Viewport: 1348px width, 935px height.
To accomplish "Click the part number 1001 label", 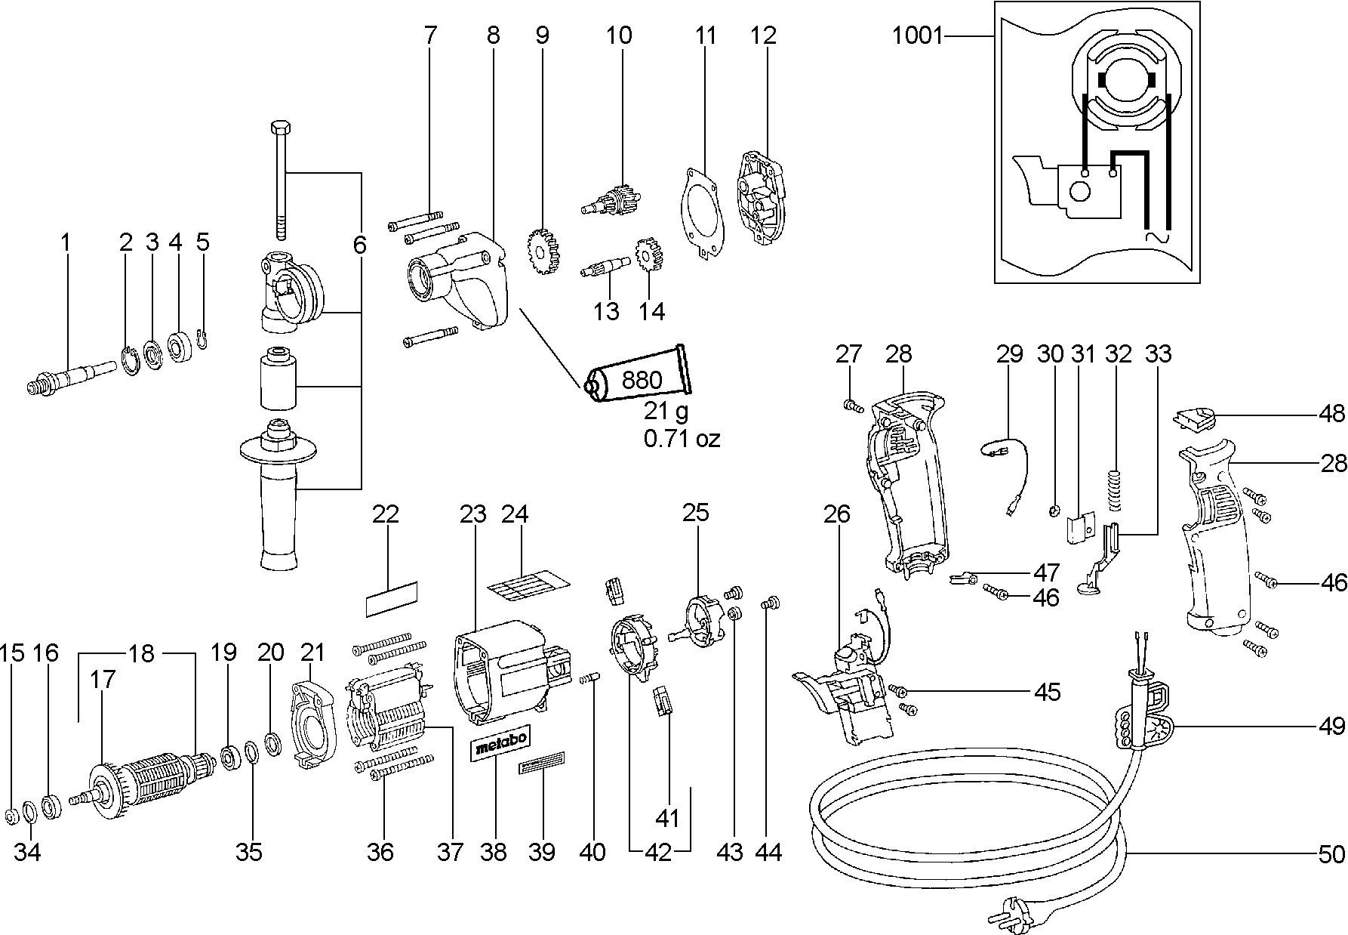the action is click(x=918, y=35).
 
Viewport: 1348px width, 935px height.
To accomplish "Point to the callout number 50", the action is click(x=1331, y=854).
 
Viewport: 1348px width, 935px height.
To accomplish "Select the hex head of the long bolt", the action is click(x=279, y=128).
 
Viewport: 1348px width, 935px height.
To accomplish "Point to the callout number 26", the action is click(x=837, y=514).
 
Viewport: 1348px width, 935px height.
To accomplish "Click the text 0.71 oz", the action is click(x=682, y=438).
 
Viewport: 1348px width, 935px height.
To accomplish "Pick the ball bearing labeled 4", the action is click(x=181, y=347).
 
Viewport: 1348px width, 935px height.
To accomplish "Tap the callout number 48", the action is click(x=1333, y=414).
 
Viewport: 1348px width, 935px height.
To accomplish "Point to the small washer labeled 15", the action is click(x=12, y=816).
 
